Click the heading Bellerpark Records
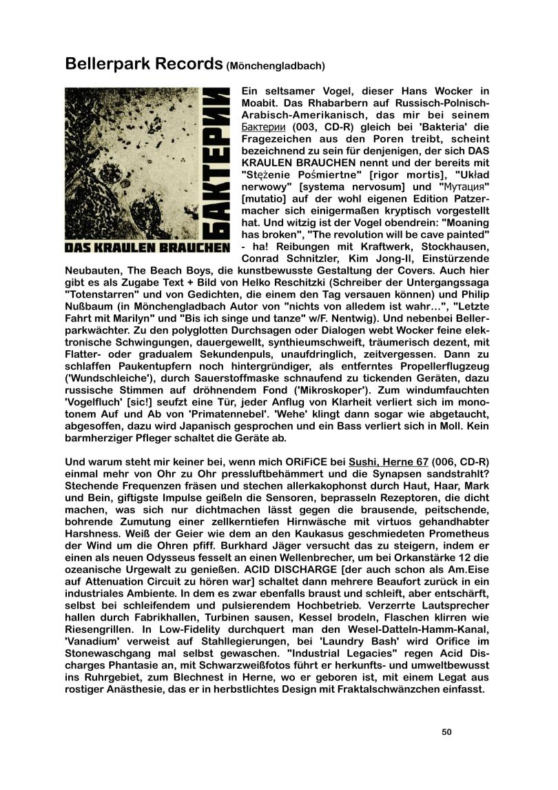click(143, 64)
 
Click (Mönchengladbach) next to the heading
click(276, 66)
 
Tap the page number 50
click(446, 732)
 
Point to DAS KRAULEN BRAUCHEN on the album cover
click(147, 246)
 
